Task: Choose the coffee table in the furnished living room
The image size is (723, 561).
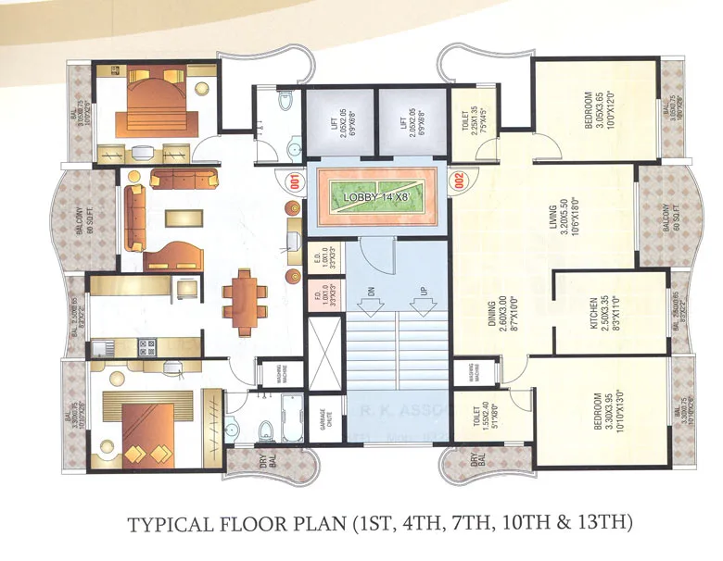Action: [x=185, y=218]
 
